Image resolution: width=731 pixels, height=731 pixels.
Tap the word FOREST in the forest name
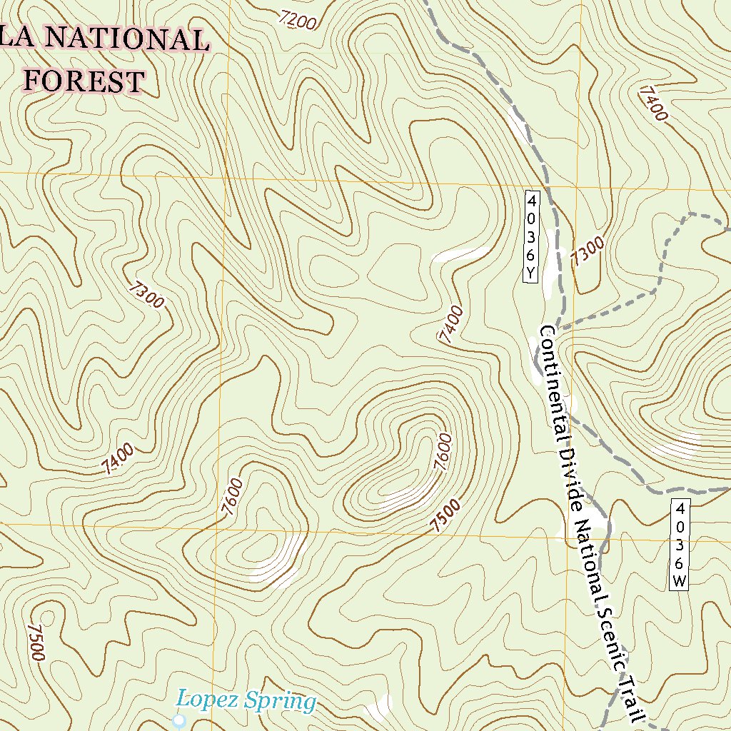point(84,81)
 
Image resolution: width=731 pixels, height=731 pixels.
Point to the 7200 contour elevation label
point(298,21)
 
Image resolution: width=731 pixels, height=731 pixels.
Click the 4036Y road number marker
point(531,236)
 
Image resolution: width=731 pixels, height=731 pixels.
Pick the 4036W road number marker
point(680,545)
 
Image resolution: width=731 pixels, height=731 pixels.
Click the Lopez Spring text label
point(246,701)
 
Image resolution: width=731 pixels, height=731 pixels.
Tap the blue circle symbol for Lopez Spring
point(179,721)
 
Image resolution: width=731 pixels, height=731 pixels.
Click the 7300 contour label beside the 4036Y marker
point(588,252)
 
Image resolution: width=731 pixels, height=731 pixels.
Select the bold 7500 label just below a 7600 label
point(445,515)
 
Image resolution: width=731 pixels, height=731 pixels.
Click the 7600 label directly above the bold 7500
point(443,452)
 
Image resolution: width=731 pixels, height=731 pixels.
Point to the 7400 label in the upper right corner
point(653,103)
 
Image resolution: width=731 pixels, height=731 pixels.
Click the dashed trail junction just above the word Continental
point(561,328)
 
